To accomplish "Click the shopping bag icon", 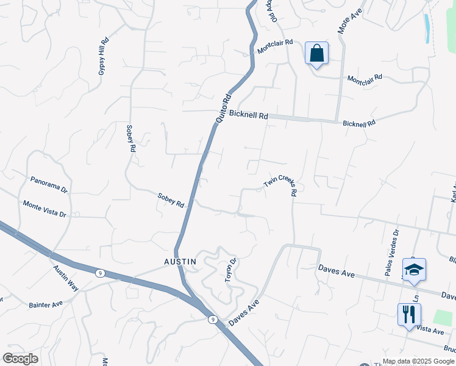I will tap(316, 53).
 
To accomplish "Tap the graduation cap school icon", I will tap(414, 270).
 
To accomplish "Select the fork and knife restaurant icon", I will tap(408, 315).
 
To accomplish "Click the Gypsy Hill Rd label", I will tap(104, 57).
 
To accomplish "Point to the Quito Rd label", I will tap(223, 108).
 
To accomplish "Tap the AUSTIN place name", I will tap(180, 261).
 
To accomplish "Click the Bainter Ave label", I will tap(46, 304).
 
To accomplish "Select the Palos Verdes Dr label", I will tap(391, 253).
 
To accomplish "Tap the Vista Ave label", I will tap(430, 329).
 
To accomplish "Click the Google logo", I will tap(20, 358).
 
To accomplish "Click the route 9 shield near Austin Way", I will tap(99, 273).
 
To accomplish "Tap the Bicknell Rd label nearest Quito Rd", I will tap(249, 115).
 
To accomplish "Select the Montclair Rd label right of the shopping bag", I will tap(364, 79).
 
